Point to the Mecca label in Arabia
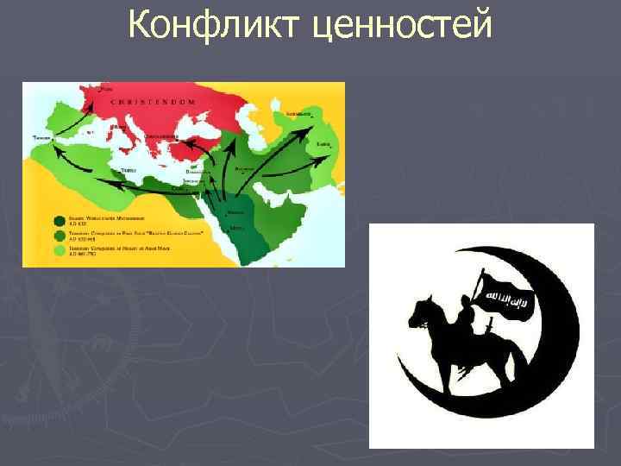point(236,229)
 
